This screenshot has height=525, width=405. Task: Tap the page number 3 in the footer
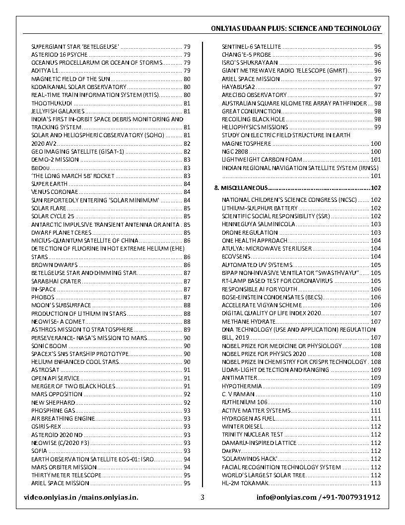click(x=202, y=497)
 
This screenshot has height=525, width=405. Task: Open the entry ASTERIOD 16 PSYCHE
click(x=60, y=55)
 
